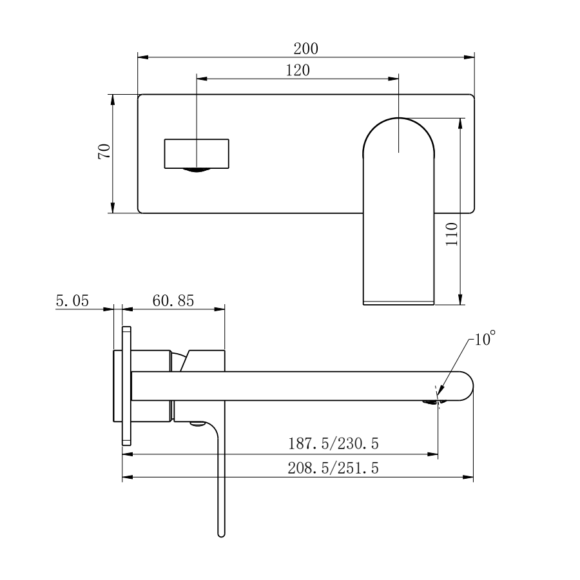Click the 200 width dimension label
(x=306, y=48)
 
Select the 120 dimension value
(x=297, y=70)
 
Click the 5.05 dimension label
(x=72, y=301)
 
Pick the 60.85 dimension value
(x=173, y=301)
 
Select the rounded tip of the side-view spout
(x=467, y=386)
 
